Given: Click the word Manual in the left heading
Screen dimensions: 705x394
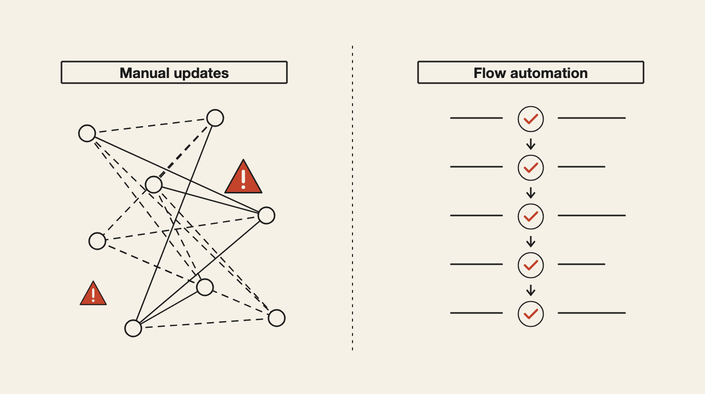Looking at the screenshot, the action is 145,73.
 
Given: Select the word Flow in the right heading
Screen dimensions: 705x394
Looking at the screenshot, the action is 490,73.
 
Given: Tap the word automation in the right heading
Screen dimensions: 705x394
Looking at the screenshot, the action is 549,73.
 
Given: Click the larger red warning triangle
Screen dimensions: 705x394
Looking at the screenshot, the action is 243,178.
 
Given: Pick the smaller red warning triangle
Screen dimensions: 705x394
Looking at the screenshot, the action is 93,294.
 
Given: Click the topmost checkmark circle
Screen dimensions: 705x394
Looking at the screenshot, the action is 531,119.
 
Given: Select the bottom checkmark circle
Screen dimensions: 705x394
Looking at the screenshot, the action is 531,314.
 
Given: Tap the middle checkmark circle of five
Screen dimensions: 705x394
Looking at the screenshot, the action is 531,216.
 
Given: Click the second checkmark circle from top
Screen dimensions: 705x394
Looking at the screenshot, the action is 531,168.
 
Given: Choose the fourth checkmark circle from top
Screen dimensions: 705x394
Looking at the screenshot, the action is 531,265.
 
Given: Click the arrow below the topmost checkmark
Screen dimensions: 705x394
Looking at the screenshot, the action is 531,144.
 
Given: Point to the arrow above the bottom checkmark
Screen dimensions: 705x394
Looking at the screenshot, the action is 531,290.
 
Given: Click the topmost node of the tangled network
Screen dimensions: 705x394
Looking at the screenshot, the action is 215,118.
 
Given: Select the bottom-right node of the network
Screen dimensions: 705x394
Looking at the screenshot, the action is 277,318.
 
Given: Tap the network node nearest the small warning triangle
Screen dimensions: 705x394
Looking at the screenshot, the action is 97,241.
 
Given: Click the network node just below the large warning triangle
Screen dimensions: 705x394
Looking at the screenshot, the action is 266,215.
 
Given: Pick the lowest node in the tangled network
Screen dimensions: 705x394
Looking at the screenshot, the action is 133,328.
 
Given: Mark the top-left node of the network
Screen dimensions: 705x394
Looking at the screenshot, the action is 87,133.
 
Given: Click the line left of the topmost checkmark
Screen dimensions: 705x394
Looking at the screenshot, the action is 476,118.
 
